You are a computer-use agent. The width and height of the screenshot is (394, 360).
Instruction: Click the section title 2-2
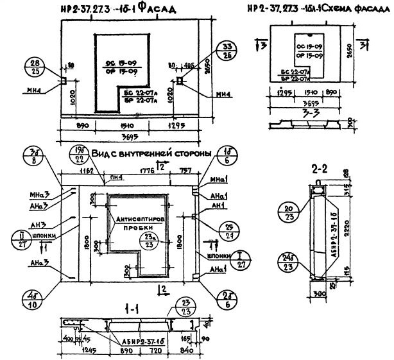coord(320,170)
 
